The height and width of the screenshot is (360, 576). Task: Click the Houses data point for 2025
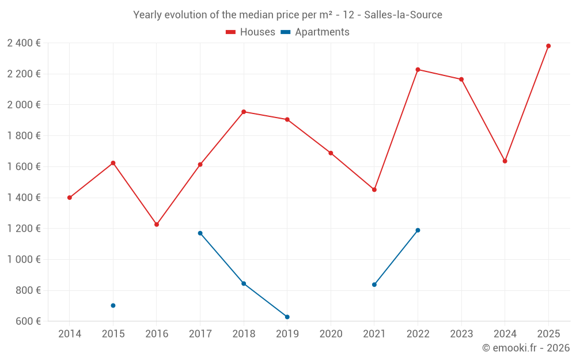(548, 46)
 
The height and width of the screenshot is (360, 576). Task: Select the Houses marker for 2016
(157, 225)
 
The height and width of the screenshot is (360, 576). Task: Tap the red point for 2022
(418, 70)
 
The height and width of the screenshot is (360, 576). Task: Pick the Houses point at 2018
(244, 112)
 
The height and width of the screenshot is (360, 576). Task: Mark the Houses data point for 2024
(505, 161)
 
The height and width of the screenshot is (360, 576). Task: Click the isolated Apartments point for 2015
(113, 306)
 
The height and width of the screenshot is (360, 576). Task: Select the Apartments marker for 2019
(287, 317)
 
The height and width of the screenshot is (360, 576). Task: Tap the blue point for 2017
(200, 233)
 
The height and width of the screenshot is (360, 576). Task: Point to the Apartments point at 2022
(418, 230)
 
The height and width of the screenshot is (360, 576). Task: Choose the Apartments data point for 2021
(374, 285)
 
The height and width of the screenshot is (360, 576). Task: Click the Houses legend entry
(251, 32)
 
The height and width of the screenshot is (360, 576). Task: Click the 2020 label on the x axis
(331, 334)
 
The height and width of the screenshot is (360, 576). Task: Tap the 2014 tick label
(70, 334)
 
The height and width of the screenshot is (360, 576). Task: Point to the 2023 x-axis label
(461, 334)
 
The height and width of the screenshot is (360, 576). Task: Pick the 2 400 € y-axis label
(24, 43)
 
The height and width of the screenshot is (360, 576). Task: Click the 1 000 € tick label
(24, 260)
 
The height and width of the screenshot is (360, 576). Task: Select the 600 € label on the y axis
(26, 321)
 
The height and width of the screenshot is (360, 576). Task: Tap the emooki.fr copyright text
(526, 348)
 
